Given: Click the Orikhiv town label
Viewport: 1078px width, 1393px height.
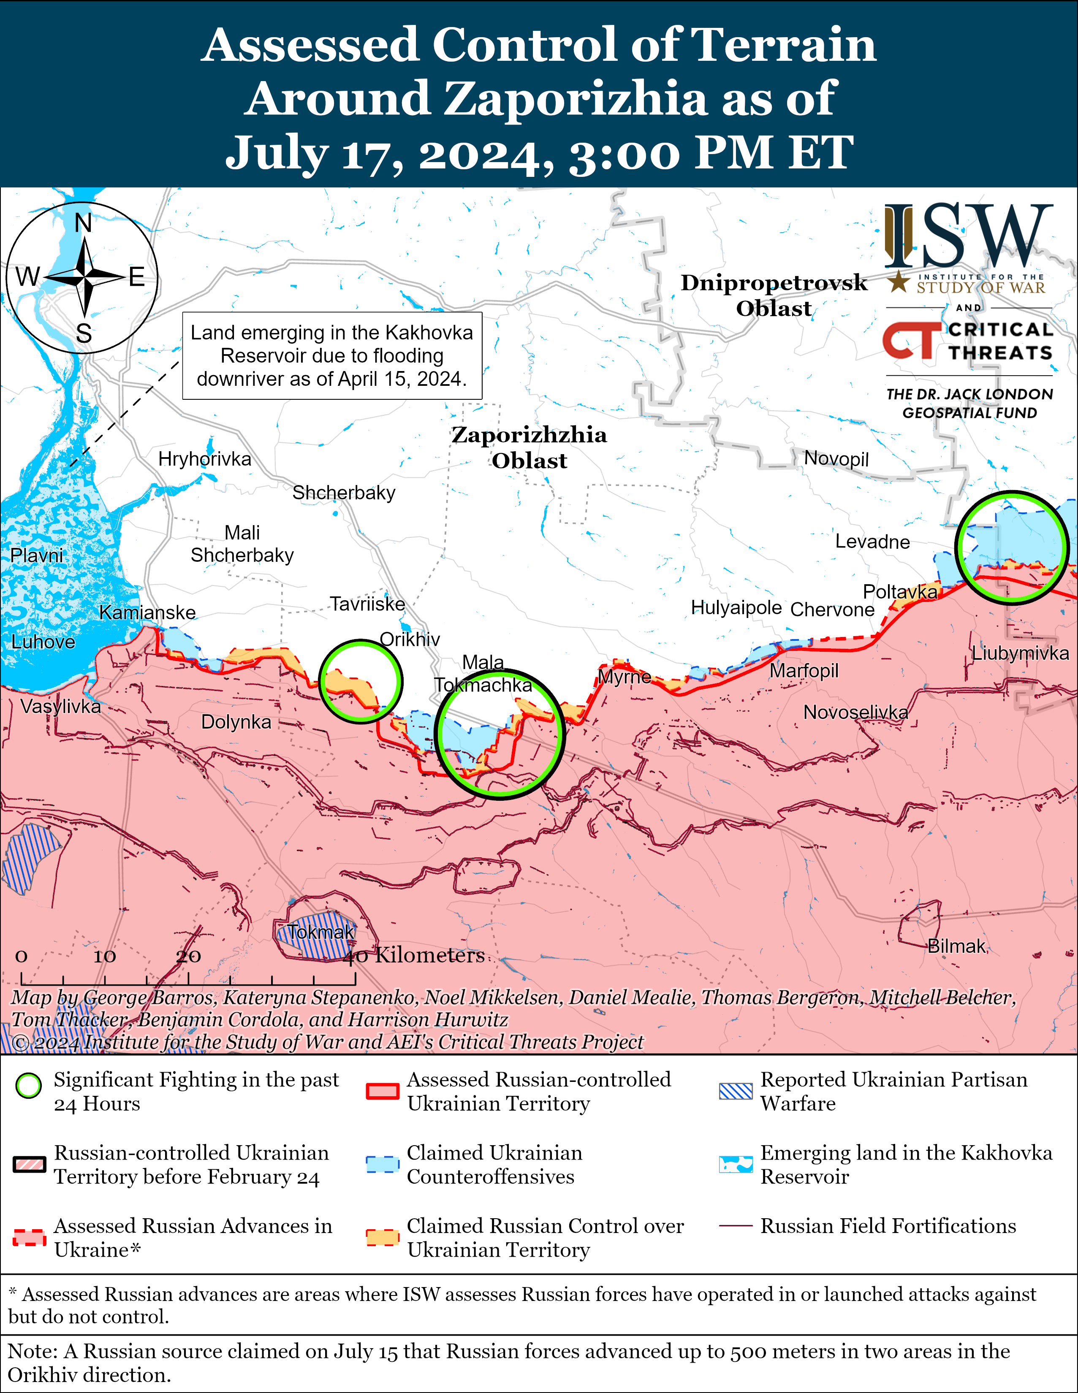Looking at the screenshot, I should tap(410, 639).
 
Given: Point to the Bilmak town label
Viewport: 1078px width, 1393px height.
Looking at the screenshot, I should tap(956, 946).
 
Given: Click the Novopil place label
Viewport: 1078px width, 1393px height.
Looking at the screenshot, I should tap(836, 458).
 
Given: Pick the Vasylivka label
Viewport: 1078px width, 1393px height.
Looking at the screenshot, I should tap(61, 706).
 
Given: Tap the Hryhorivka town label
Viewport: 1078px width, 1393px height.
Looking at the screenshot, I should tap(205, 459).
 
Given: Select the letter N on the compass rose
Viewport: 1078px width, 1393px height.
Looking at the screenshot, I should tap(84, 223).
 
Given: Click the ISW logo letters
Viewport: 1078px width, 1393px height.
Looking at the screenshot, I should tap(968, 236).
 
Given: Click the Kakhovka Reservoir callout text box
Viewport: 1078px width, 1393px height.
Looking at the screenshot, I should tap(332, 356).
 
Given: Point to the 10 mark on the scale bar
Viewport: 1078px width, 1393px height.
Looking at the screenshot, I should tap(105, 956).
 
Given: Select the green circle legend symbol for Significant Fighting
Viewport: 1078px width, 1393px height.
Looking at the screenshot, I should tap(29, 1086).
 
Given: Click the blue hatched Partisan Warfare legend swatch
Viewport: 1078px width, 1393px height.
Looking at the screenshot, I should tap(736, 1091).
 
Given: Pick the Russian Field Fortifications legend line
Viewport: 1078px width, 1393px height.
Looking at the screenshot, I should tap(736, 1227).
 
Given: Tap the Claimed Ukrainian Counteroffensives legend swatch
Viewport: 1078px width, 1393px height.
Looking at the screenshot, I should tap(383, 1165).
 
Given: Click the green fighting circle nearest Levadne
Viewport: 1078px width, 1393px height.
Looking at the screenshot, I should tap(1012, 547).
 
